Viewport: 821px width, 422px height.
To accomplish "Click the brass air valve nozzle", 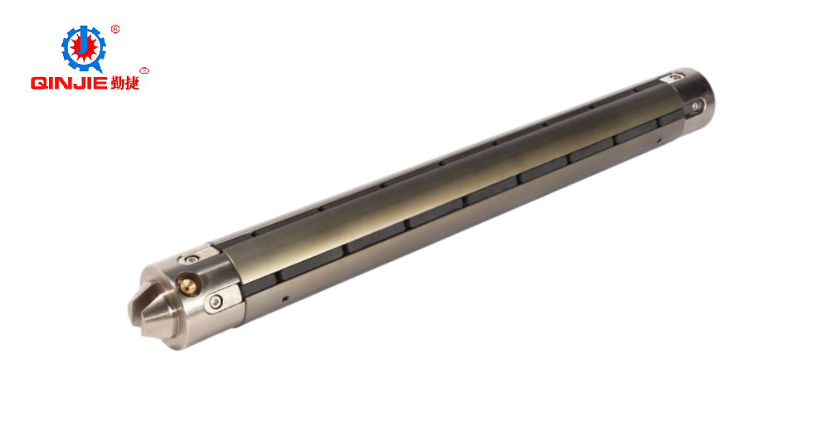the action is (x=187, y=285).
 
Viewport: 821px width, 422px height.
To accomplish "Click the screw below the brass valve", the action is (x=215, y=301).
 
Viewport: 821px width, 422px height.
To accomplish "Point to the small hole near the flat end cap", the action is (x=658, y=140).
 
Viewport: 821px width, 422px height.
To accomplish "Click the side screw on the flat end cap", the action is (x=695, y=107).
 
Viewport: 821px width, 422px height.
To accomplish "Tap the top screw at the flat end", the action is (x=675, y=78).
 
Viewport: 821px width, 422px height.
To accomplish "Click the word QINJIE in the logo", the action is (x=69, y=83).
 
